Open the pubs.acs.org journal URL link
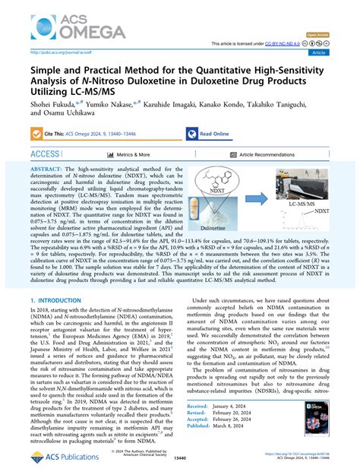click(x=58, y=52)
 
